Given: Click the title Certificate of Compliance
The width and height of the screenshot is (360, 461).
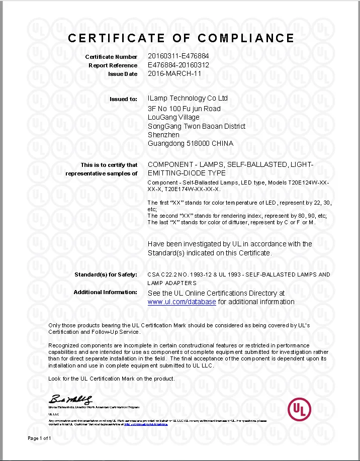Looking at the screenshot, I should [x=181, y=38].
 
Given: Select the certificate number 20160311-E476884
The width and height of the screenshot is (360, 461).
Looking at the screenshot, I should [x=178, y=57].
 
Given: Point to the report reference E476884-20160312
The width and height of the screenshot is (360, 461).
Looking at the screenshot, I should [x=178, y=65].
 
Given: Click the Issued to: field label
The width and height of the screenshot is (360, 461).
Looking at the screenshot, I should [x=123, y=100].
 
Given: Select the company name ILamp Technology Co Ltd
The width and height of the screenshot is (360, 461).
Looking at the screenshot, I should [x=188, y=98].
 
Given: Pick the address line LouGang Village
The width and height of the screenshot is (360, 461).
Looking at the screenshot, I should [x=173, y=118].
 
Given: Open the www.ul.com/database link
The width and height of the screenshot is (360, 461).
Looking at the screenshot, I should [x=182, y=302].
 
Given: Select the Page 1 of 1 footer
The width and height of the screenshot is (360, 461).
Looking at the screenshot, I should [x=39, y=438].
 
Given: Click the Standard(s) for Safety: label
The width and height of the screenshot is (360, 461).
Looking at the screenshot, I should [x=106, y=274].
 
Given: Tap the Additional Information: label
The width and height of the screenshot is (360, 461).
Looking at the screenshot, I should [x=105, y=292].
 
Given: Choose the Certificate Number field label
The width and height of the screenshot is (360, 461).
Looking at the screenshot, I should [x=111, y=57].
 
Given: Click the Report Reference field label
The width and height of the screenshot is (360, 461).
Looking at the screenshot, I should [x=113, y=65].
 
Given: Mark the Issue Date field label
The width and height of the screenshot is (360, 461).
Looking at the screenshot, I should [x=122, y=74].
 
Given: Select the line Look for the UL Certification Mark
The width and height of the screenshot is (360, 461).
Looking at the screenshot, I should [x=111, y=378].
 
